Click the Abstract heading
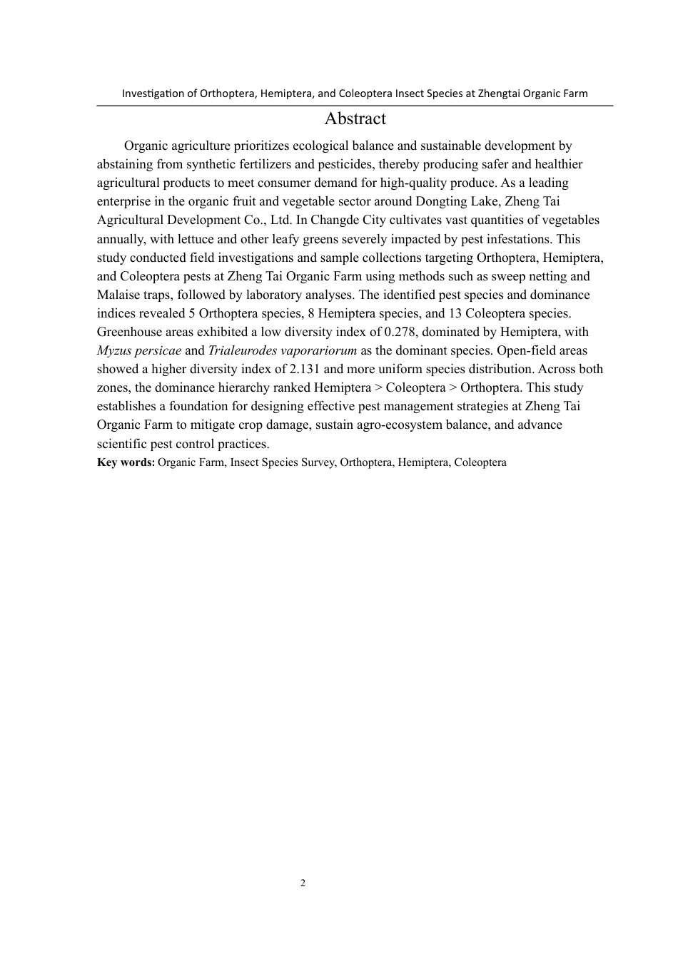tap(355, 119)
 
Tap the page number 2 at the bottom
tap(303, 883)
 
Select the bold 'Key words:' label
tap(126, 462)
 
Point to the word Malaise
tap(118, 295)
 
